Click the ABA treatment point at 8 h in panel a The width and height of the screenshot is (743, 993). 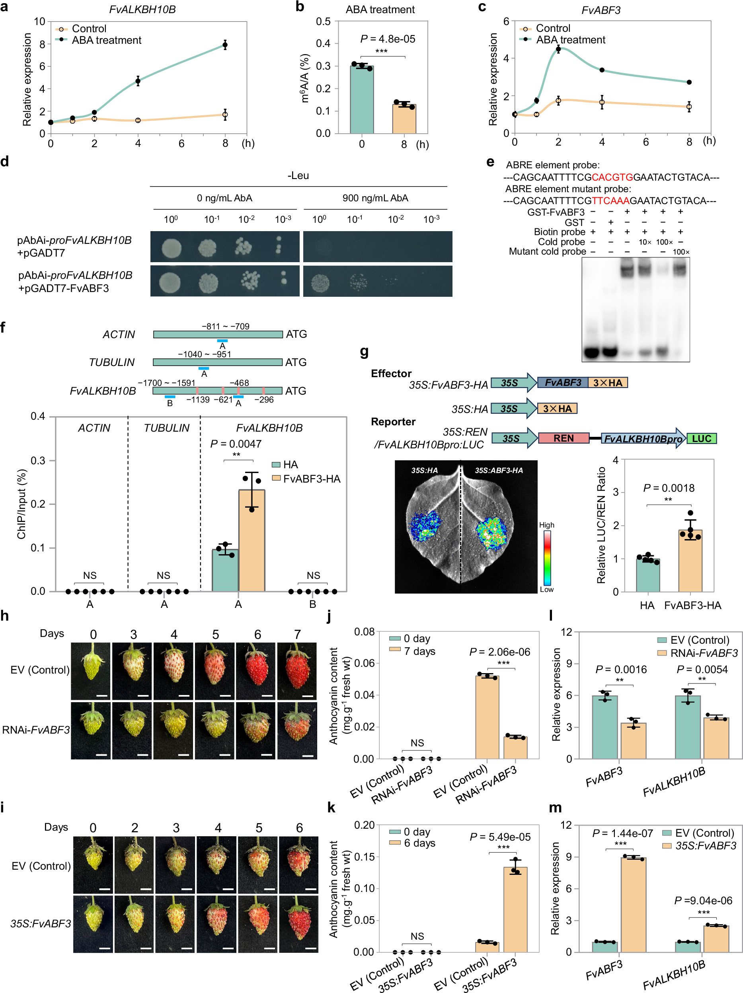coord(225,45)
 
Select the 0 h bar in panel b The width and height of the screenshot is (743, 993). coord(362,100)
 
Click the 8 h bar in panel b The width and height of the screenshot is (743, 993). coord(404,119)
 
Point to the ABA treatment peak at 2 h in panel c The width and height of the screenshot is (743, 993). coord(558,49)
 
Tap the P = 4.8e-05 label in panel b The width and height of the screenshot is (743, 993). coord(388,39)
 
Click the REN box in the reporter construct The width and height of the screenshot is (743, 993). coord(564,438)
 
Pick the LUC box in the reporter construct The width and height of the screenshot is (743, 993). coord(701,438)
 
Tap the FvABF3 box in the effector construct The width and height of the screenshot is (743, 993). coord(563,382)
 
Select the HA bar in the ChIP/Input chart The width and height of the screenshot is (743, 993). coord(225,570)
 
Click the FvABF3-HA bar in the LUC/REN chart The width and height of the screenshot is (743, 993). coord(690,561)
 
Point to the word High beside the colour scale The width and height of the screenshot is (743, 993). coord(546,525)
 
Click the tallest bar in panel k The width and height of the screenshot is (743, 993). coord(515,909)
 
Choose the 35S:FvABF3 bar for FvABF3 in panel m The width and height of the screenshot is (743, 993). coord(633,904)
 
